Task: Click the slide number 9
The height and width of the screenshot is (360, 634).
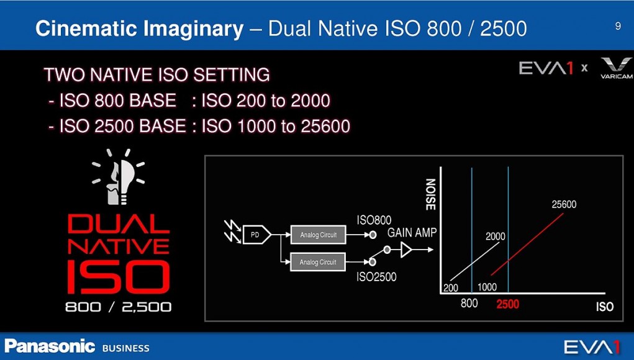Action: [x=618, y=26]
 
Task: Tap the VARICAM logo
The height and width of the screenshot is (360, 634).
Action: [x=616, y=68]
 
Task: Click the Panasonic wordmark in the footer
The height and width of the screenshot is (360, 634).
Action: [x=50, y=347]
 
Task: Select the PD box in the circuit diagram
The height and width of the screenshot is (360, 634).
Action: [x=256, y=235]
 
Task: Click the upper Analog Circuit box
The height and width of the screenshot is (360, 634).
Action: [x=318, y=235]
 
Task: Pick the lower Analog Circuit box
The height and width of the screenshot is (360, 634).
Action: [x=318, y=262]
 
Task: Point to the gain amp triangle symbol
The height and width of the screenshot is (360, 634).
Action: [x=406, y=250]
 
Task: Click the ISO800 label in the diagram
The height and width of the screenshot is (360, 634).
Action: [x=374, y=220]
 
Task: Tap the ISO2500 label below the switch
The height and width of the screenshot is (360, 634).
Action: [x=376, y=277]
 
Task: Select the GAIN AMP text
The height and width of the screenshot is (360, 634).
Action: [x=412, y=233]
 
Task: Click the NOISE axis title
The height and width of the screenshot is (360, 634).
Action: [x=430, y=194]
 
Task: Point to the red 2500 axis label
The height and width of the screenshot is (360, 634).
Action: [x=508, y=304]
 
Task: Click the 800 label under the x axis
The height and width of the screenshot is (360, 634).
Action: [x=469, y=303]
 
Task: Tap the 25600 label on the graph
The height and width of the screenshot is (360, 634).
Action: [x=564, y=204]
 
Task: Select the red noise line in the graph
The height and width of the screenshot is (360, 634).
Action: [x=527, y=244]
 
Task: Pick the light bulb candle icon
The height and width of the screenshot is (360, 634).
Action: [x=118, y=177]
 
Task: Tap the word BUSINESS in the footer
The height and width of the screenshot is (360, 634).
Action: [x=126, y=348]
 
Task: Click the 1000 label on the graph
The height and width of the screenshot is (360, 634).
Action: [x=487, y=287]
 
